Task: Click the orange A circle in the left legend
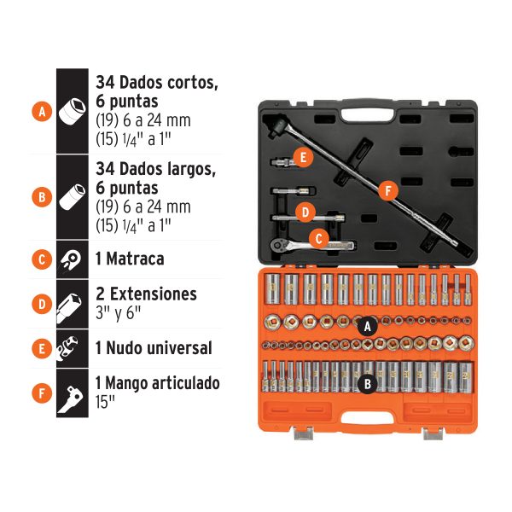coord(39,111)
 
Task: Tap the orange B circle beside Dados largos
coord(39,197)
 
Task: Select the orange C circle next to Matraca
coord(39,259)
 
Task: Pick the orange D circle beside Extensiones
coord(39,302)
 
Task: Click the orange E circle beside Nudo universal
coord(39,347)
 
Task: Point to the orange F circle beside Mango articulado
coord(39,393)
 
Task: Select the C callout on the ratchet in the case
coord(317,240)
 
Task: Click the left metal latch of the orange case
coord(304,433)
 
